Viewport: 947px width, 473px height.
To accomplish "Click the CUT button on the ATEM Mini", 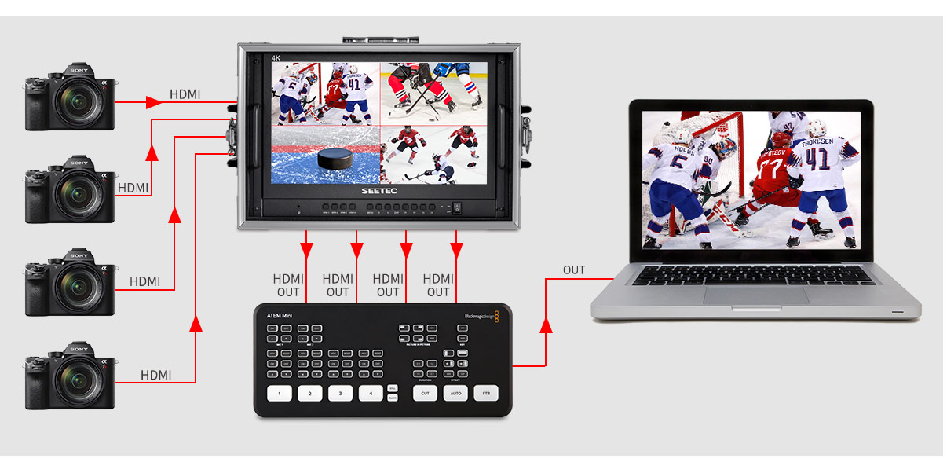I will (425, 393).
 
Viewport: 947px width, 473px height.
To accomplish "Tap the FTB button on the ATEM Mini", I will (486, 393).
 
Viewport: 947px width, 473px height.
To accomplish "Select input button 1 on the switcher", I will (280, 394).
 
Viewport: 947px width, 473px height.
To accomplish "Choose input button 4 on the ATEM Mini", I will (371, 394).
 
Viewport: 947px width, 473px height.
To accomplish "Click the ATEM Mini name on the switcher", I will (279, 316).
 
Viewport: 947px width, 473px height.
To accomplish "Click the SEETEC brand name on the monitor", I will (380, 191).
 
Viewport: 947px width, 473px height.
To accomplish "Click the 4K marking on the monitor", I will (276, 58).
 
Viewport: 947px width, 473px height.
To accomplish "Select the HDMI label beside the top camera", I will (185, 95).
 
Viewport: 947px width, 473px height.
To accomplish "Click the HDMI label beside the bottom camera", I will (155, 376).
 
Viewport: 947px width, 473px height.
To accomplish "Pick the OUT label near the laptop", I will (574, 270).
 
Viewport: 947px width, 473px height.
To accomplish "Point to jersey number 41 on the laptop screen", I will (818, 159).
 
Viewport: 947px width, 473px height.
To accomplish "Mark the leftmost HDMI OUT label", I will (287, 285).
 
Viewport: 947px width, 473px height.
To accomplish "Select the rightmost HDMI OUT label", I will (438, 285).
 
